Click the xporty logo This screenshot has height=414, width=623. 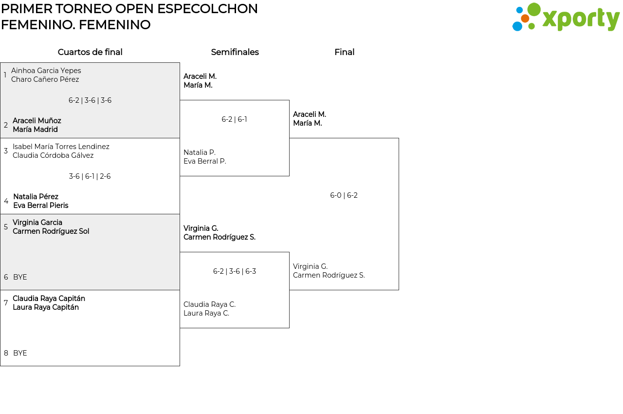point(566,18)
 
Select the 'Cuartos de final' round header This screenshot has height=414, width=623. point(90,52)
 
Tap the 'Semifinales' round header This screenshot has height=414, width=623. point(235,52)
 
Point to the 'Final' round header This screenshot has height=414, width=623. point(344,52)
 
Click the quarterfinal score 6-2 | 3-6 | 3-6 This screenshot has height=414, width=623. point(90,100)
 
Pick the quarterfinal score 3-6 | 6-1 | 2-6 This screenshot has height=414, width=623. point(90,176)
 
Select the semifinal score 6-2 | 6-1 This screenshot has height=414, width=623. point(234,119)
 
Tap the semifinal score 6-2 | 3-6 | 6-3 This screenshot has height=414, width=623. point(234,271)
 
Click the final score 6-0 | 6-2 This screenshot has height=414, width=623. point(344,195)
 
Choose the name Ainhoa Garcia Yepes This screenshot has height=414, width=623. point(46,71)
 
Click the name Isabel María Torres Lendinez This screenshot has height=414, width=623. point(61,147)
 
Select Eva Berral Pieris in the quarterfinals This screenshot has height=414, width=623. point(41,206)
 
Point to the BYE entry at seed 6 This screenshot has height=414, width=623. point(20,277)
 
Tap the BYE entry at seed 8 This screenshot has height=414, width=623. point(20,353)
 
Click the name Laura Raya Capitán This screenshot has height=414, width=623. point(46,307)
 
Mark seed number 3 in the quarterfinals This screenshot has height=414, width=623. point(6,151)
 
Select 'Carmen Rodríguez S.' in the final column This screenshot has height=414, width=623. point(329,275)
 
